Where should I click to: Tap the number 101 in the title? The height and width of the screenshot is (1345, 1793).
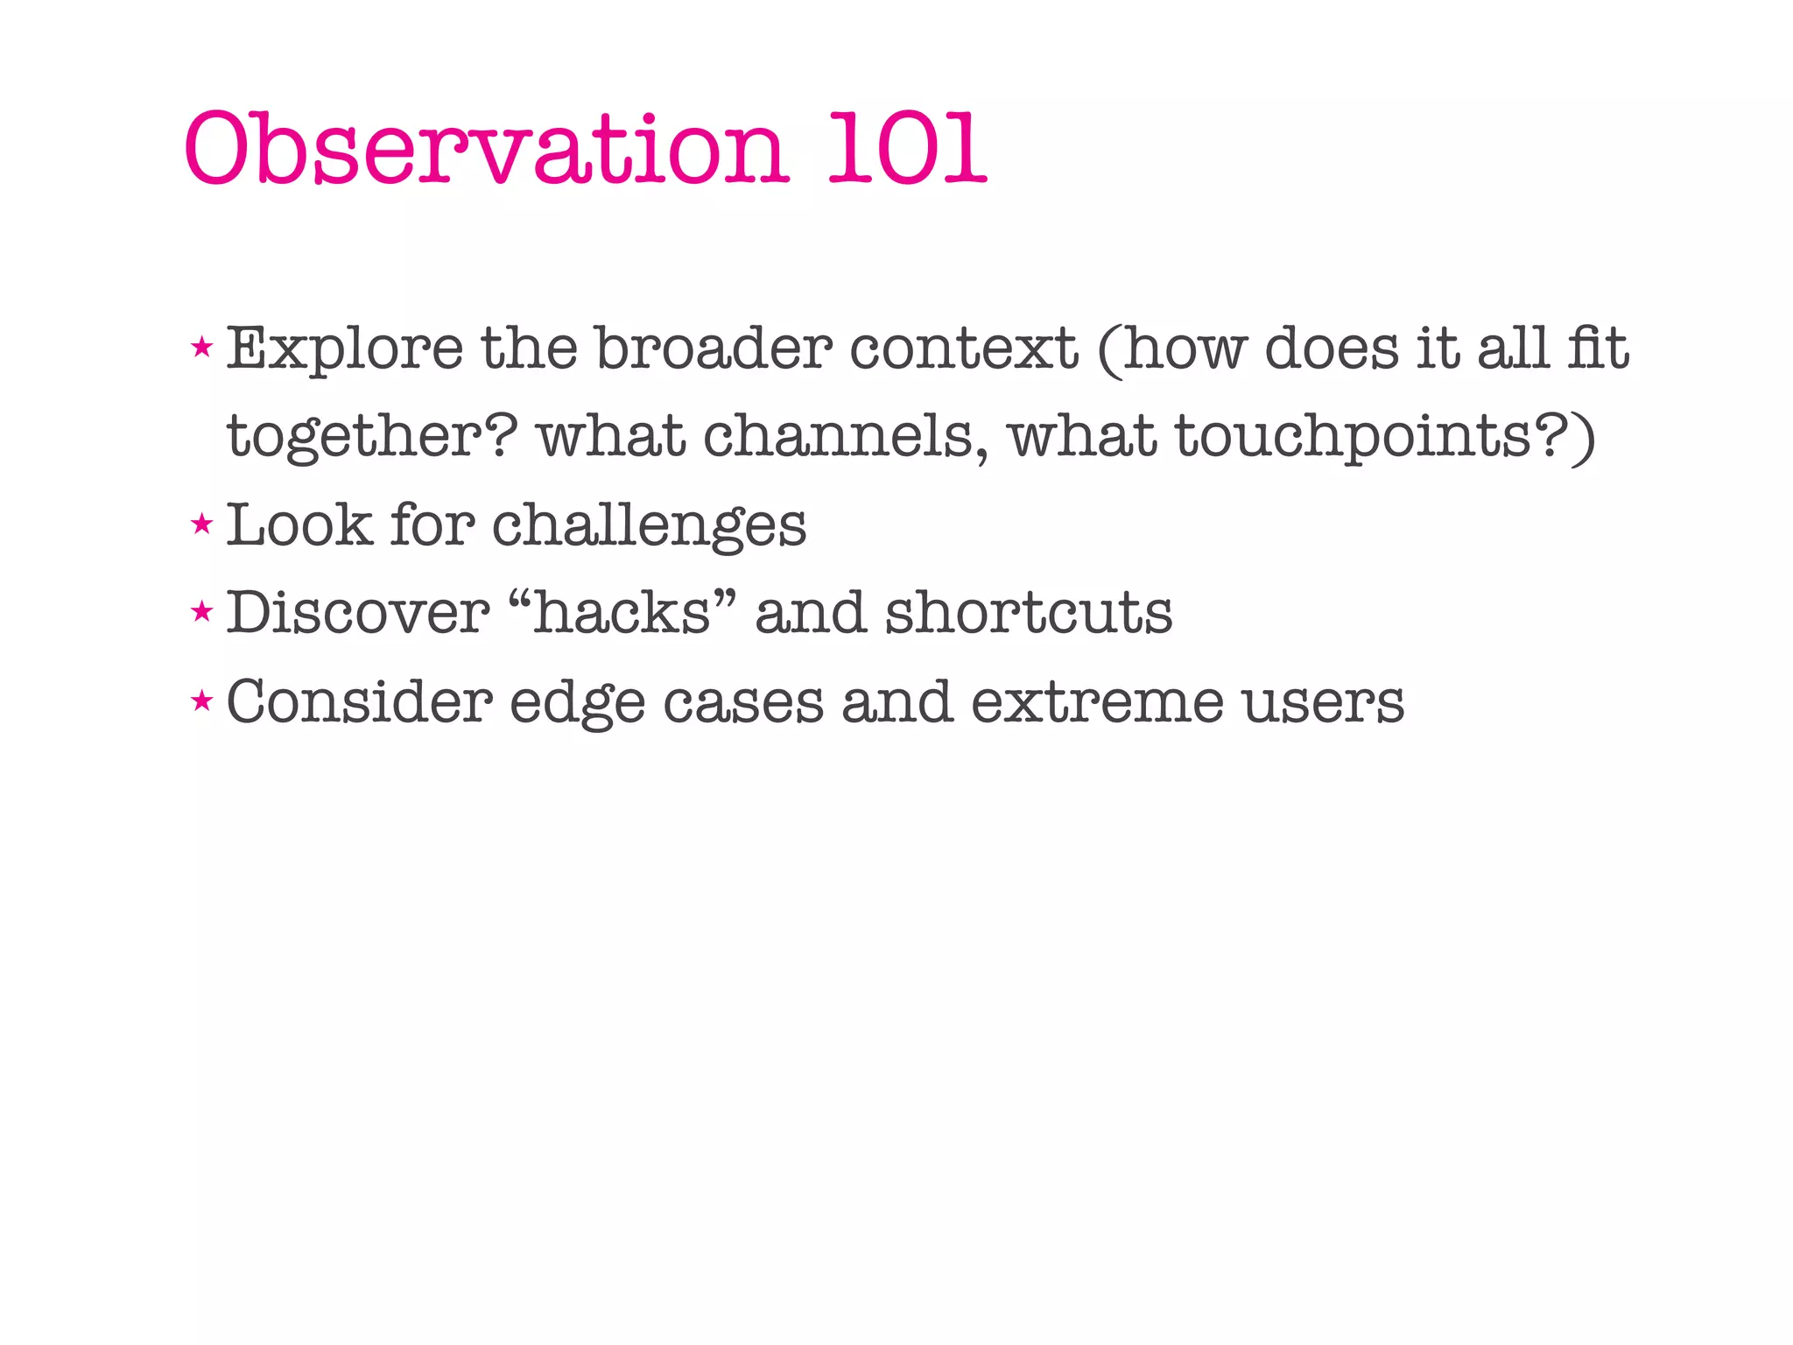coord(907,149)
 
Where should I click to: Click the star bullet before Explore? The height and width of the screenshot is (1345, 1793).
coord(202,348)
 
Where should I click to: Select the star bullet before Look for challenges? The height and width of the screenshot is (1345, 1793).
coord(202,525)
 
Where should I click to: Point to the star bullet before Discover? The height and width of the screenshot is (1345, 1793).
coord(202,612)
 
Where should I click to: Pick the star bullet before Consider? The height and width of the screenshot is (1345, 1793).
coord(202,701)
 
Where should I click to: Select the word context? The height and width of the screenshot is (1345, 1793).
coord(964,349)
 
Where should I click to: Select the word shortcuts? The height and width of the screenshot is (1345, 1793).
coord(1028,612)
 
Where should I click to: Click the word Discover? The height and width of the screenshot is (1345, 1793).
coord(357,612)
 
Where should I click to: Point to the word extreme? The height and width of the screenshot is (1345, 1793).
coord(1096,702)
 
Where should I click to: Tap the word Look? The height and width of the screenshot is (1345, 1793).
coord(299,525)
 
